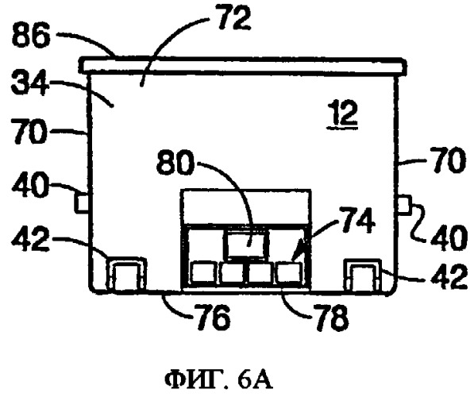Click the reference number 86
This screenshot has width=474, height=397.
[x=30, y=37]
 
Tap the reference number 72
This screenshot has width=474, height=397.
[x=234, y=19]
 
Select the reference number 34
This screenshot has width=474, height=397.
[x=29, y=83]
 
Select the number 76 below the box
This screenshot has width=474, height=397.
[x=213, y=318]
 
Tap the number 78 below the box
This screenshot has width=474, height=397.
[x=331, y=318]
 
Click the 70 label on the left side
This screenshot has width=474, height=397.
[x=29, y=132]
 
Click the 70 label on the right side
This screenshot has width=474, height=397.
[x=445, y=160]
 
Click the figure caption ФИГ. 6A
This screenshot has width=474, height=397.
[x=219, y=380]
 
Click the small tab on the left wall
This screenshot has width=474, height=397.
[x=82, y=202]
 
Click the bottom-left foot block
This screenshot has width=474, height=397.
[x=126, y=274]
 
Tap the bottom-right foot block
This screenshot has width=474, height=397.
[x=363, y=275]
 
